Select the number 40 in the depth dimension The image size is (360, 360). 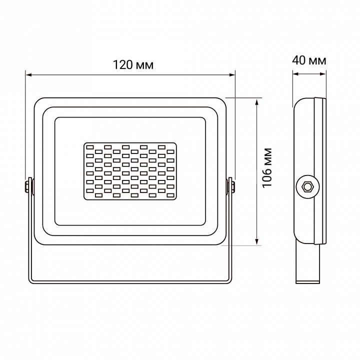pos(299,61)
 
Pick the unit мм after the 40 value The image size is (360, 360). pos(317,61)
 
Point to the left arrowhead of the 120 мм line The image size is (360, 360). pos(28,75)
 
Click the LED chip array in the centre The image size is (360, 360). pos(130,171)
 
